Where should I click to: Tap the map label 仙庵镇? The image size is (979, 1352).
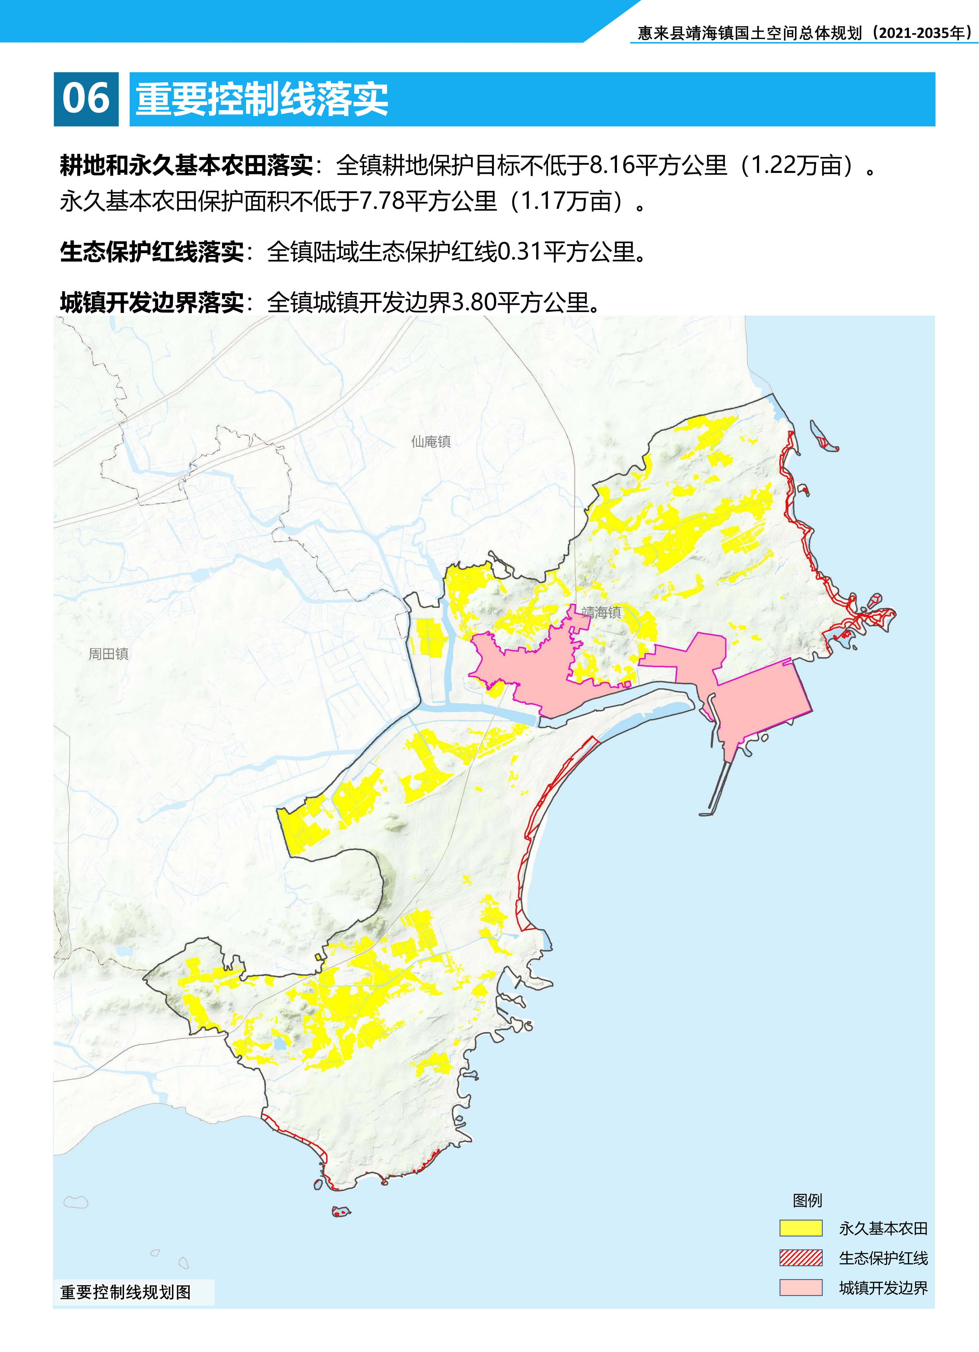pos(430,442)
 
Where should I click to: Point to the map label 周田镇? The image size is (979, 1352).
pos(109,654)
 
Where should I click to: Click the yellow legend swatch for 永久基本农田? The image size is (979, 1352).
pos(801,1229)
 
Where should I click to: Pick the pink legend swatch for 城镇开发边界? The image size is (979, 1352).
pos(801,1288)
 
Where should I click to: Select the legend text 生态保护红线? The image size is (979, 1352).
pos(883,1258)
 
